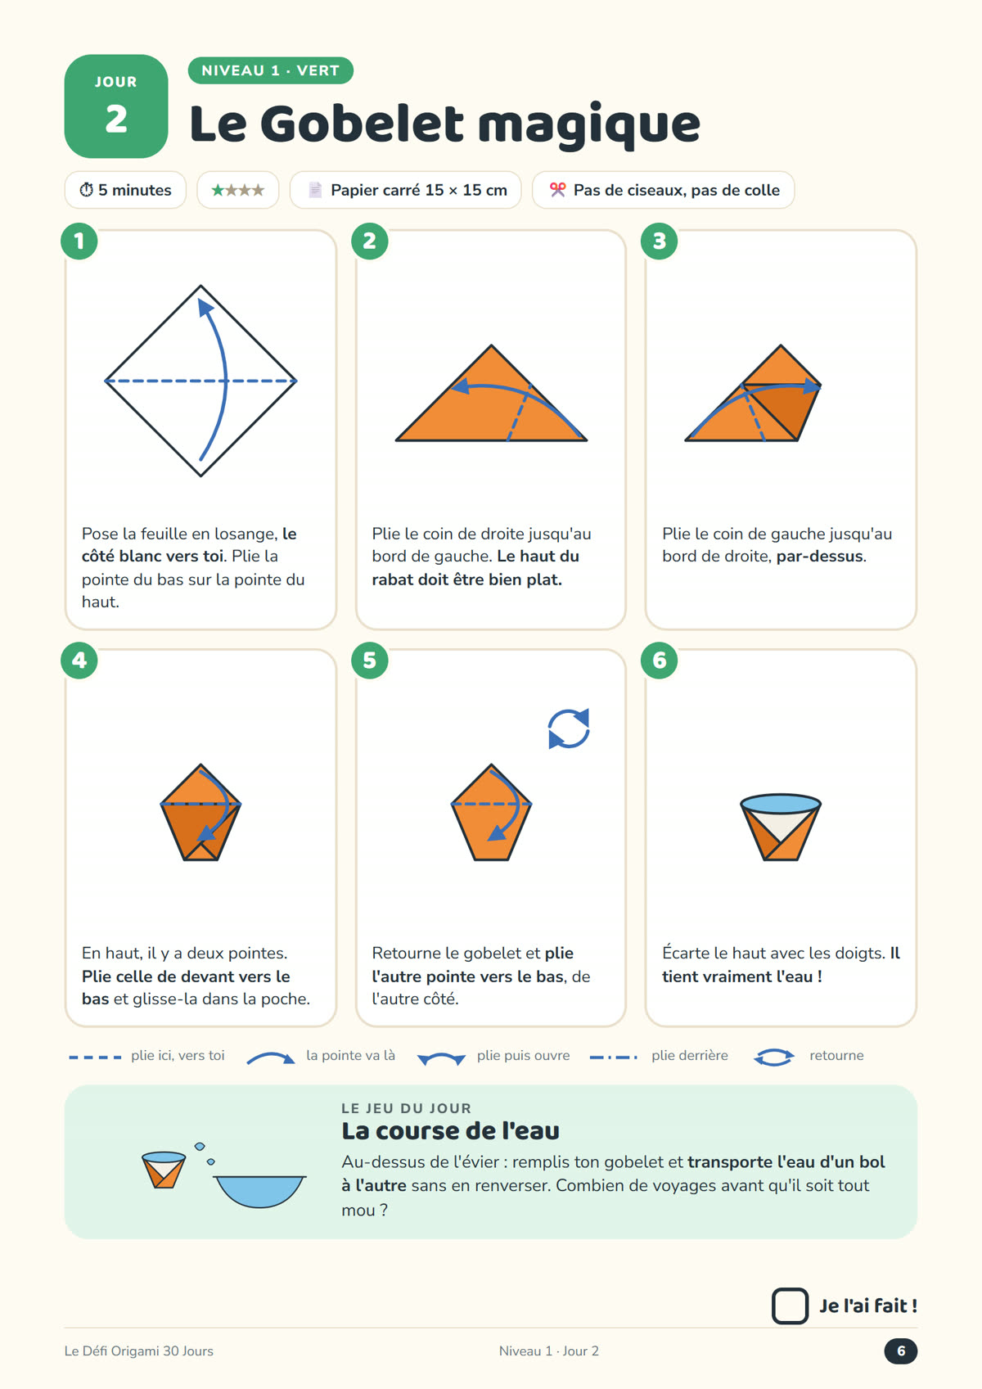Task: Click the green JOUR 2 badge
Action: (x=116, y=106)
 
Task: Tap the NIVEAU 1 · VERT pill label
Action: (x=270, y=70)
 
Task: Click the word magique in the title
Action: (x=589, y=125)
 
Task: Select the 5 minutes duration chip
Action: (x=125, y=190)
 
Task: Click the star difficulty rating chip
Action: (x=238, y=190)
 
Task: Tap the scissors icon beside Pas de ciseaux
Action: (x=558, y=190)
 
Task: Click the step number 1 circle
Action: (x=79, y=241)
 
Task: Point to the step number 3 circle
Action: (x=659, y=241)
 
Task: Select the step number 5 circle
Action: (x=370, y=661)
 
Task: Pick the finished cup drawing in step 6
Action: (x=781, y=828)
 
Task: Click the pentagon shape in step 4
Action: (x=200, y=812)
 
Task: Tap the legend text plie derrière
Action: (x=689, y=1055)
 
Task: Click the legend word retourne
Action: (x=836, y=1055)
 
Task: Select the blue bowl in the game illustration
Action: (x=259, y=1192)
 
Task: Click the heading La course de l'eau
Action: (x=451, y=1131)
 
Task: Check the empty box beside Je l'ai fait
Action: (x=790, y=1306)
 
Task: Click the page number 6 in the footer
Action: (x=901, y=1351)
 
